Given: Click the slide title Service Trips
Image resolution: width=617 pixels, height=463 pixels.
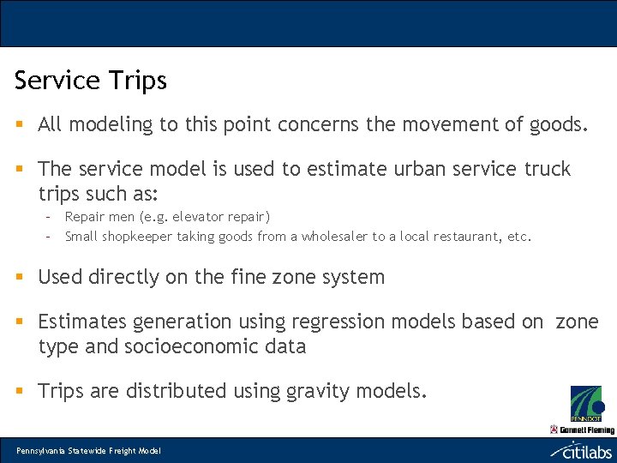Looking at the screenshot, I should [x=90, y=81].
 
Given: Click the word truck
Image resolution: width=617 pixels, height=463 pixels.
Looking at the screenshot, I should [x=548, y=169].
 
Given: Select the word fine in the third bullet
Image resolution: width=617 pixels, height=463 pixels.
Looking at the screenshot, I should [x=259, y=277].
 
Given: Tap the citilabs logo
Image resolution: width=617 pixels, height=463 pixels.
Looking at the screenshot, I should [x=581, y=450].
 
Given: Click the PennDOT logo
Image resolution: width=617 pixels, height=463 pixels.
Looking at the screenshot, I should [x=586, y=403].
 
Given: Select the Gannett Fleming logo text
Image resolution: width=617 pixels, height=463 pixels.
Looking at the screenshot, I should [x=586, y=429].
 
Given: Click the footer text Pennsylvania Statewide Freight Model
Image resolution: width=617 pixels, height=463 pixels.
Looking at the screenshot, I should [x=88, y=451].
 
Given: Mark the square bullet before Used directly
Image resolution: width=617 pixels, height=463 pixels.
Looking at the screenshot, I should [x=20, y=277].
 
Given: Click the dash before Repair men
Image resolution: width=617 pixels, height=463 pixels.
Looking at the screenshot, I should [x=48, y=217].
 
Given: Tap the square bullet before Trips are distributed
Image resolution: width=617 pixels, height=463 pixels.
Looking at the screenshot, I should [x=20, y=391].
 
